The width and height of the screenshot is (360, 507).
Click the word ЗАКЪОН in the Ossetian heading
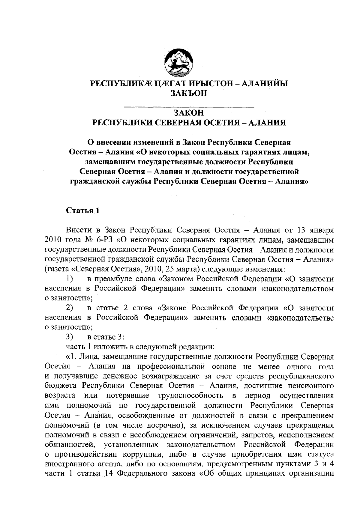pos(189,93)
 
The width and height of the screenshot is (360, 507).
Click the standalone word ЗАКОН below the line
pos(189,113)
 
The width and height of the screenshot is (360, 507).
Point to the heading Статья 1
pos(82,210)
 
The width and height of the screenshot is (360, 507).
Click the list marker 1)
pos(70,279)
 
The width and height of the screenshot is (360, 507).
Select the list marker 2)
pos(70,308)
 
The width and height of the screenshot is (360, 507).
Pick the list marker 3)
pos(70,337)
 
